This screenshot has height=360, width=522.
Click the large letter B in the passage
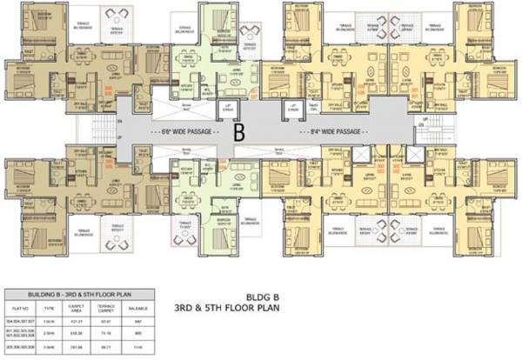coord(238,133)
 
